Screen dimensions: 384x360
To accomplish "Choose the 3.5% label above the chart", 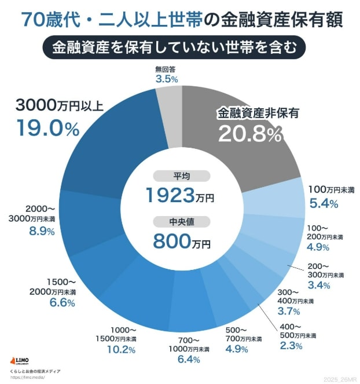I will pos(166,79).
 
